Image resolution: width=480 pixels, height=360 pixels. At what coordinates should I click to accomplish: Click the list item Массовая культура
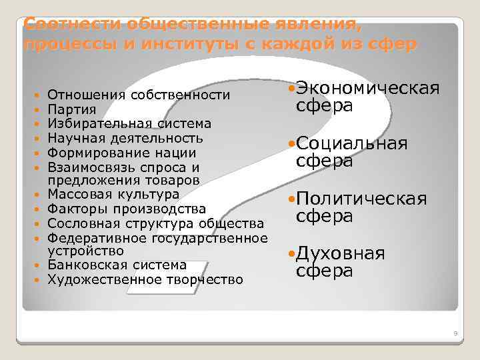point(113,195)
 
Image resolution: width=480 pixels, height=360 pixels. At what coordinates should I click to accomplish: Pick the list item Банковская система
point(117,265)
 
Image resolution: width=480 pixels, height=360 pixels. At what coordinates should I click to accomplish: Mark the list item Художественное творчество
point(145,279)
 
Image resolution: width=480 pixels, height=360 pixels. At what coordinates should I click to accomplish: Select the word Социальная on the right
point(351,144)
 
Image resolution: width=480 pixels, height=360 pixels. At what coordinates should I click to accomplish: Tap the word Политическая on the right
point(361,199)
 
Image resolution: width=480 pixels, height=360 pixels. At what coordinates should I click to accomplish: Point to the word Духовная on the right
point(340,253)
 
